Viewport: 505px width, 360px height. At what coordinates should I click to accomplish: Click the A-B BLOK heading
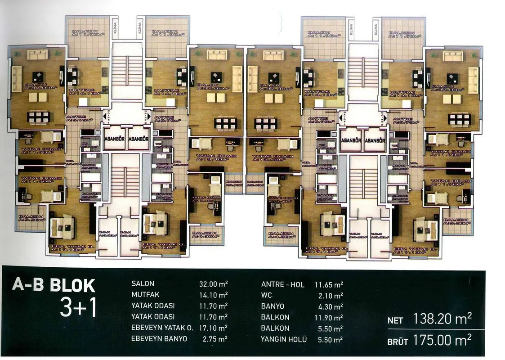point(54,286)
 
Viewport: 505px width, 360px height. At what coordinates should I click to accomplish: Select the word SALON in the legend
point(143,284)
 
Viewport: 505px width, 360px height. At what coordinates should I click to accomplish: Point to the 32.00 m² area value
point(213,284)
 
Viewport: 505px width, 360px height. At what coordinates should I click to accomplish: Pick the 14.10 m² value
point(213,295)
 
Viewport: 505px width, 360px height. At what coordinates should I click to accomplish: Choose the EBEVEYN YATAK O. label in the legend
point(162,328)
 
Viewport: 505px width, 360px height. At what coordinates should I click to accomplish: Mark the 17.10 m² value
point(213,328)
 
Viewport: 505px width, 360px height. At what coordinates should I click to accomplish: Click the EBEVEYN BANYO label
point(159,339)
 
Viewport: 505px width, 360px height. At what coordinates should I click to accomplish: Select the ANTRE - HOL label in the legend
point(282,284)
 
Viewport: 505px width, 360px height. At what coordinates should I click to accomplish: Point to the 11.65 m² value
point(328,284)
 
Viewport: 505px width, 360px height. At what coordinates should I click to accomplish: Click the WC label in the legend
point(266,295)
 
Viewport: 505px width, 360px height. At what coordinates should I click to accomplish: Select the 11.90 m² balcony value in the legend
point(328,317)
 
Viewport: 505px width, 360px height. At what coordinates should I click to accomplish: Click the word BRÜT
point(397,342)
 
